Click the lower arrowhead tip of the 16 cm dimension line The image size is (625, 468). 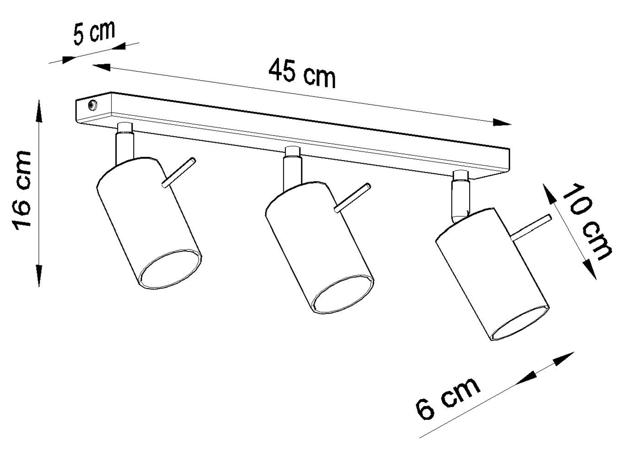coord(39,286)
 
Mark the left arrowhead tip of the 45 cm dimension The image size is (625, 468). coord(92,65)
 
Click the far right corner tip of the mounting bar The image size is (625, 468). coord(510,149)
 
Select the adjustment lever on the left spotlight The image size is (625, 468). coord(179,173)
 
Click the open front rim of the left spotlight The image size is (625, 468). coord(170,270)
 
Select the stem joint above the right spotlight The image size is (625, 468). coord(460,197)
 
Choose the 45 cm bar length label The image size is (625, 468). coord(302,74)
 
